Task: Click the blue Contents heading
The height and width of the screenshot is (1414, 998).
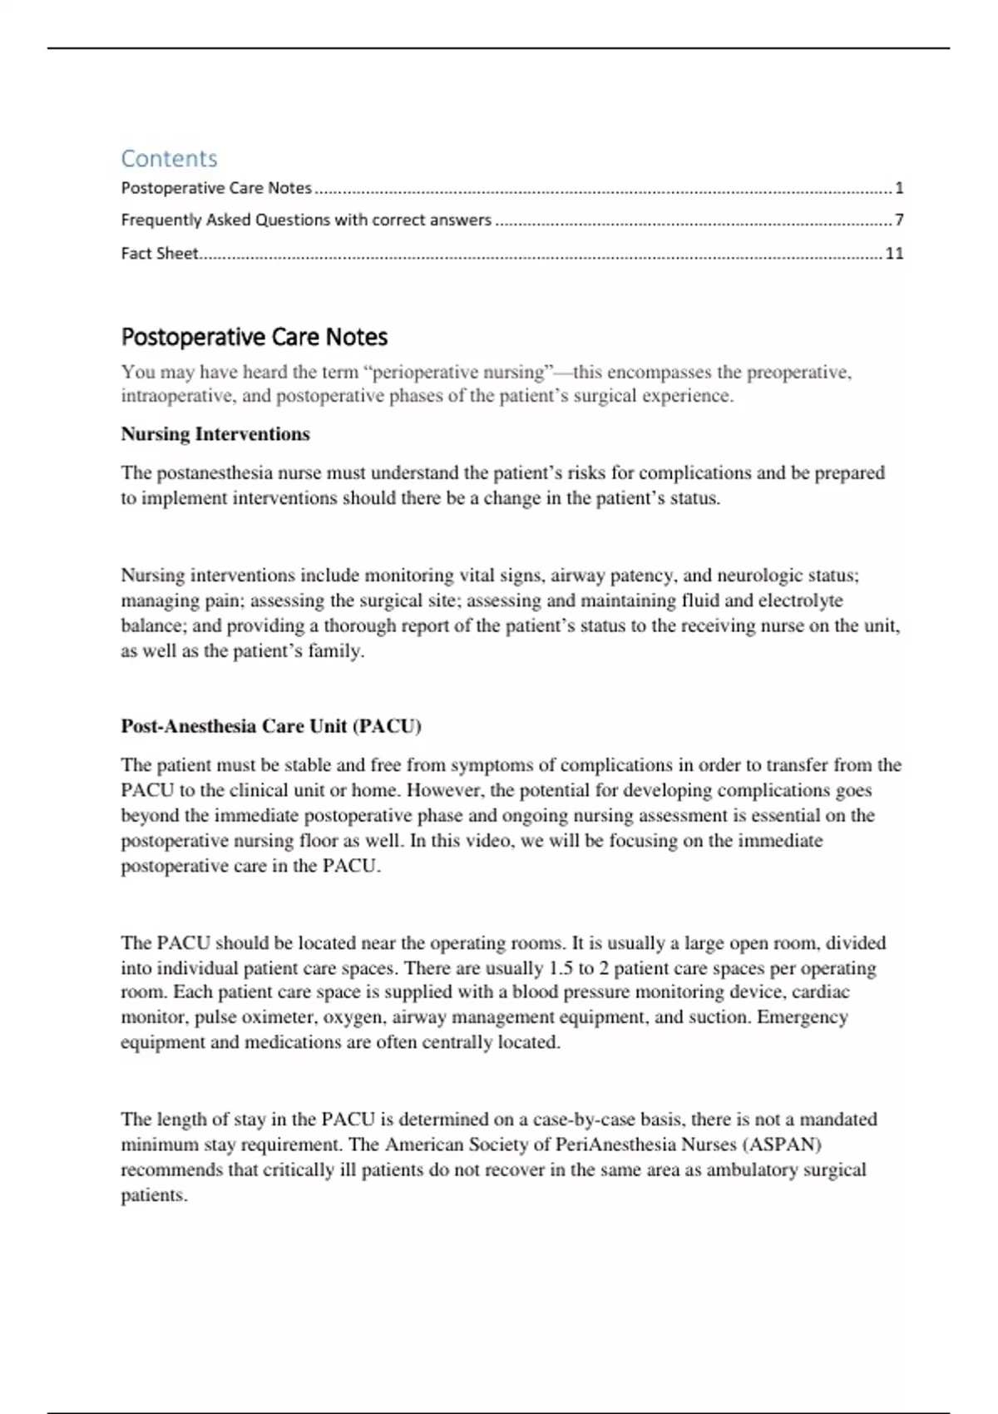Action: (x=169, y=158)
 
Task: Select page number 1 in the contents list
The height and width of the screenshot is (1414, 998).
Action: (x=899, y=188)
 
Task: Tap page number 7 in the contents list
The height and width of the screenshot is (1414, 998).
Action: (x=899, y=220)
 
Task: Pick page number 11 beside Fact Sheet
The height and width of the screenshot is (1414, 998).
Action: (x=894, y=254)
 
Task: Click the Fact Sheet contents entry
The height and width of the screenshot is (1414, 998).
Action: (x=160, y=254)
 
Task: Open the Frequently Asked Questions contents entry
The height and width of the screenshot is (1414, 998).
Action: (x=306, y=220)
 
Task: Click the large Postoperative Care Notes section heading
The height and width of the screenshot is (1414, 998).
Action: (x=254, y=337)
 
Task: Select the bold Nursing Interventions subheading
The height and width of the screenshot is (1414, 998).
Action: (x=215, y=434)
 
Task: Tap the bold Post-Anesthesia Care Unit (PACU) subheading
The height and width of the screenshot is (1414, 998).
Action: (x=271, y=726)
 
